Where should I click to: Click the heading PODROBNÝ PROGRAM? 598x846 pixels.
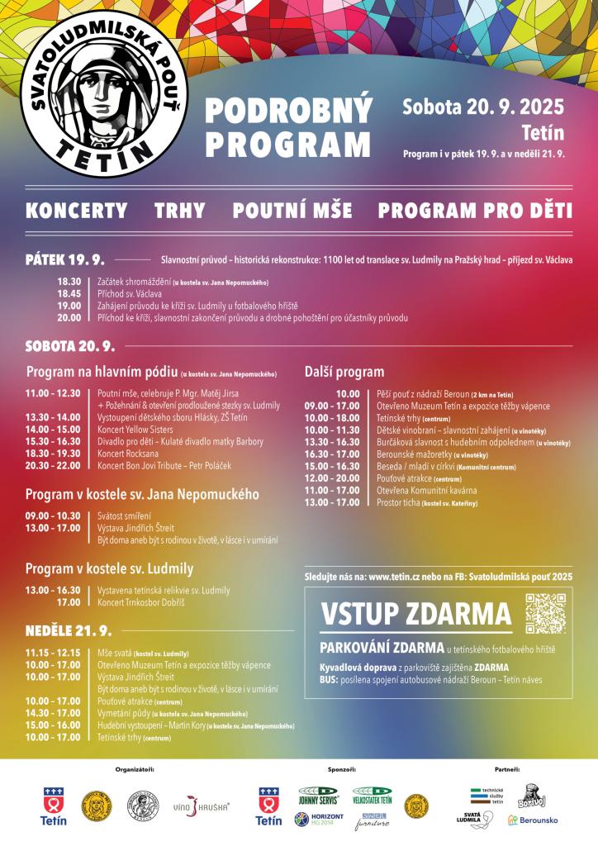pyautogui.click(x=288, y=127)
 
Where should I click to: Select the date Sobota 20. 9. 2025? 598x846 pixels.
pyautogui.click(x=483, y=107)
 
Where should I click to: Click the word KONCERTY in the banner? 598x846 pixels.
pyautogui.click(x=77, y=211)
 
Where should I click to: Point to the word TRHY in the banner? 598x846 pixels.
pyautogui.click(x=180, y=211)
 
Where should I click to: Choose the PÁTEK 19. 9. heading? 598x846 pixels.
pyautogui.click(x=65, y=259)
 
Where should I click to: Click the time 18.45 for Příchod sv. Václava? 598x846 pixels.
pyautogui.click(x=69, y=293)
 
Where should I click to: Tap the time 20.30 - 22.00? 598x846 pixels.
pyautogui.click(x=53, y=466)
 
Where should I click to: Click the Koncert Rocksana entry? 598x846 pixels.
pyautogui.click(x=127, y=454)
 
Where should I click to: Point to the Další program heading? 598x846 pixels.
pyautogui.click(x=344, y=372)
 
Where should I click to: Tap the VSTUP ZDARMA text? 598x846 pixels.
pyautogui.click(x=415, y=615)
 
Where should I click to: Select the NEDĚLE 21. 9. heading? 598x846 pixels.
pyautogui.click(x=68, y=630)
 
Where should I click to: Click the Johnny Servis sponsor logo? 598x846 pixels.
pyautogui.click(x=318, y=794)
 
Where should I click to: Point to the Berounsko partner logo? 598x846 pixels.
pyautogui.click(x=533, y=820)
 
